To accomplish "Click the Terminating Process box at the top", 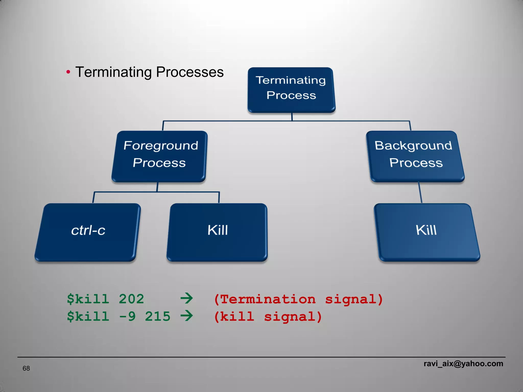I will point(291,90).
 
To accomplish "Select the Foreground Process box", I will point(160,156).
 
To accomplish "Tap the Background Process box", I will point(415,156).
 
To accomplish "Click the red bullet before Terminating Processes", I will point(68,72).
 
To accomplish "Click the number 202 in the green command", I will point(131,299).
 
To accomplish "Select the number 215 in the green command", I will point(157,316).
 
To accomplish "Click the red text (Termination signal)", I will point(298,299).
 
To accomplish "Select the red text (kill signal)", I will point(268,317).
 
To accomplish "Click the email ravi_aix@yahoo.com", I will point(463,363).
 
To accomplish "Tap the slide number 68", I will point(26,368).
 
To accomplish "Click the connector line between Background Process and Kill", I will point(420,193).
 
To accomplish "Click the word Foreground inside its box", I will point(161,146).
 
